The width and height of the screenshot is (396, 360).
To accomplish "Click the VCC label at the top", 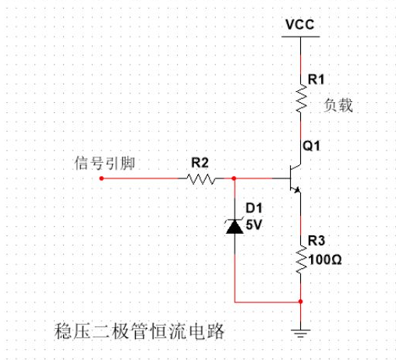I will tap(300, 24).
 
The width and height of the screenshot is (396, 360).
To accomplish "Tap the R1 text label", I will tap(317, 79).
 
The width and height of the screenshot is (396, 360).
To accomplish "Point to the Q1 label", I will tap(312, 146).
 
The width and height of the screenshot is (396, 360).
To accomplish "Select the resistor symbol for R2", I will tap(200, 178).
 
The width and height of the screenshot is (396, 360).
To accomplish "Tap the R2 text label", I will tap(200, 162).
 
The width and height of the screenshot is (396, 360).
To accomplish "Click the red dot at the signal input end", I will tap(102, 178).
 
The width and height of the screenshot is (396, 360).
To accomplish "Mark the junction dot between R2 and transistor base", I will tap(235, 178).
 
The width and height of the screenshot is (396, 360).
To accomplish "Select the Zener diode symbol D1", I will tap(235, 226).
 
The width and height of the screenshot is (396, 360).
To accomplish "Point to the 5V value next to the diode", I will tap(254, 224).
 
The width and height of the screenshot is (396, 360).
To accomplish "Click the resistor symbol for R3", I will tap(300, 259).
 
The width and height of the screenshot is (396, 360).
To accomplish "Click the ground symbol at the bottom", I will tap(300, 331).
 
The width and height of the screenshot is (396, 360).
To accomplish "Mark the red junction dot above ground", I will tap(300, 301).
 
